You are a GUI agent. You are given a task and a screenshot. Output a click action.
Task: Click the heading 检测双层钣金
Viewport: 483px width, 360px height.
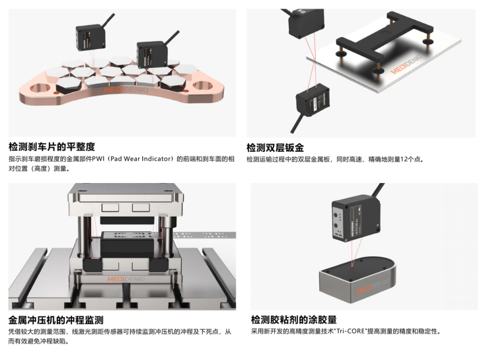[276, 147]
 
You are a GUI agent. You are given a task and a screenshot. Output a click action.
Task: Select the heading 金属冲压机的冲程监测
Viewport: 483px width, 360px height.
[56, 319]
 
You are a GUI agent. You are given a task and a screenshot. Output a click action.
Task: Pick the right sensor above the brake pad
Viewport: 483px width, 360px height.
[151, 52]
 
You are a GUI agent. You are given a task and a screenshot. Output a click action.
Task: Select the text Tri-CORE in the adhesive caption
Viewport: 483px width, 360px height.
[352, 332]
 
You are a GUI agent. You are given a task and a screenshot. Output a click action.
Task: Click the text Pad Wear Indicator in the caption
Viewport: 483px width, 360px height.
[138, 159]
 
